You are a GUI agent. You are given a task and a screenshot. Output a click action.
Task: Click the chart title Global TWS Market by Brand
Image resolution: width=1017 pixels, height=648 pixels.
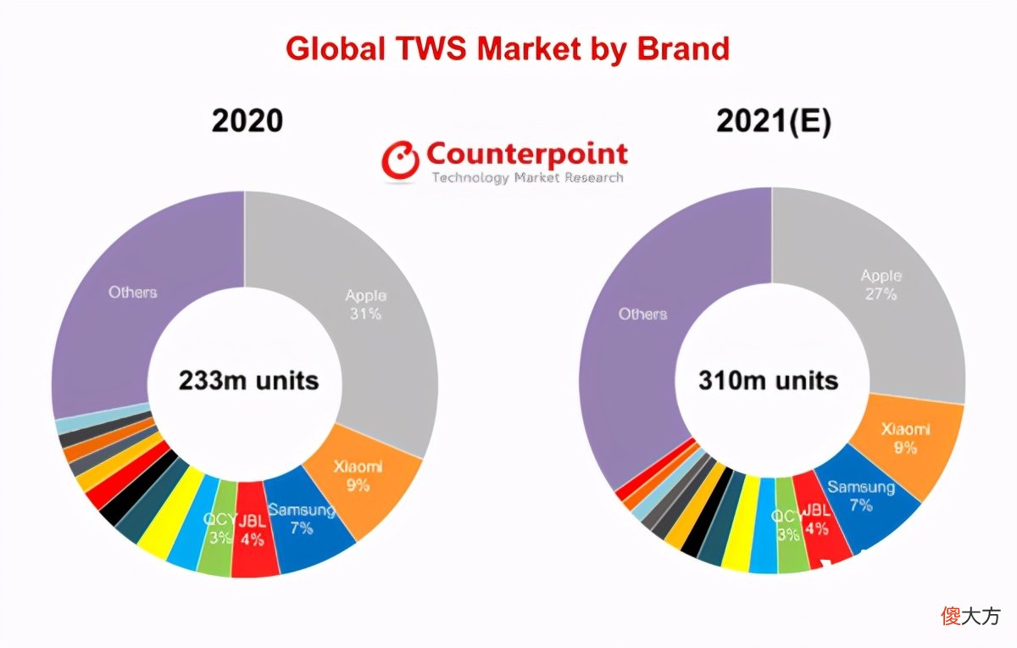click(x=508, y=48)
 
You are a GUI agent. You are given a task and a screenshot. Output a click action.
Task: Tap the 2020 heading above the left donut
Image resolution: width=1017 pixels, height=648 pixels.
click(x=247, y=121)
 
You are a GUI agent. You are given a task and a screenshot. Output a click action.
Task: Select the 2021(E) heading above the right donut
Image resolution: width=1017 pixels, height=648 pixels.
click(x=774, y=121)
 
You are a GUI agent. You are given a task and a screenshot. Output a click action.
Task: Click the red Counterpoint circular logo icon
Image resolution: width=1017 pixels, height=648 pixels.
click(x=400, y=159)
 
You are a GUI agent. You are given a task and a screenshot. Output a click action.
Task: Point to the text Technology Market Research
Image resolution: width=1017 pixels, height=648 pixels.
click(x=527, y=177)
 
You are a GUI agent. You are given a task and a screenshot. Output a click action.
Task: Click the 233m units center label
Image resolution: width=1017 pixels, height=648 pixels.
click(x=249, y=380)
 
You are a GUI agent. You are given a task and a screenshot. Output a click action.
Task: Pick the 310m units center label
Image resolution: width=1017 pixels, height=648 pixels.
click(x=768, y=380)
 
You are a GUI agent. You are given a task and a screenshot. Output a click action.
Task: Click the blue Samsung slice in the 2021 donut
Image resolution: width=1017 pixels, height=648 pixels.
click(x=863, y=505)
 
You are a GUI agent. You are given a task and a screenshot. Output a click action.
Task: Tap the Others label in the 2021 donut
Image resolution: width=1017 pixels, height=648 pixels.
click(x=643, y=314)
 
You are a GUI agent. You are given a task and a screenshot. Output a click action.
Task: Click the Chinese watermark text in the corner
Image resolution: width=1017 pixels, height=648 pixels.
click(x=970, y=616)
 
